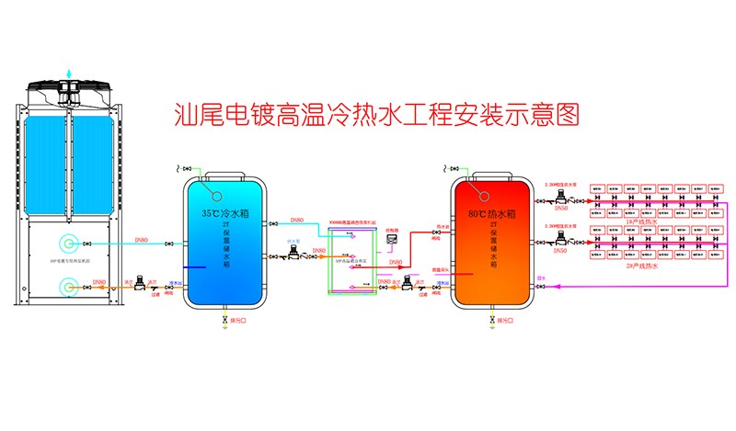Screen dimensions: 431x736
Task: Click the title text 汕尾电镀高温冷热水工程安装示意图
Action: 378,115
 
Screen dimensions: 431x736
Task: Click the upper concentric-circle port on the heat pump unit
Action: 68,244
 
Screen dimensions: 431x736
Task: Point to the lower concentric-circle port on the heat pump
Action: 68,288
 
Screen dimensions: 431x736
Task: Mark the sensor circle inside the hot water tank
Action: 481,193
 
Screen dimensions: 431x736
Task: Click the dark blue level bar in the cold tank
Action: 196,267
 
